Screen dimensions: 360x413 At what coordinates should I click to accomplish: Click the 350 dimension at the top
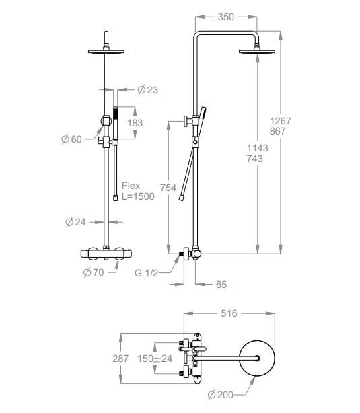[x=226, y=17]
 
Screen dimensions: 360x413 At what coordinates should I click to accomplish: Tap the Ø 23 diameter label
[x=148, y=90]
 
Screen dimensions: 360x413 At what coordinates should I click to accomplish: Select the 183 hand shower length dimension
[x=135, y=123]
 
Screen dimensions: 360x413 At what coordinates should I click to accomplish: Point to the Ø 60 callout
[x=72, y=139]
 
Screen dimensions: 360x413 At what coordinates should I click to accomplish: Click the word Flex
[x=131, y=186]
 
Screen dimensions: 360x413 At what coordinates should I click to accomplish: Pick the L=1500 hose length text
[x=138, y=196]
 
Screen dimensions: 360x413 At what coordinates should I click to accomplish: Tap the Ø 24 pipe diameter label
[x=75, y=222]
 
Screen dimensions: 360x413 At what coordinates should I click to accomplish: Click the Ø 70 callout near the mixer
[x=94, y=272]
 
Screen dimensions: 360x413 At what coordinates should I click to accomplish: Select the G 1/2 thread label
[x=146, y=273]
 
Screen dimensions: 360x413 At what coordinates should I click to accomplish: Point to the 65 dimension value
[x=221, y=285]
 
